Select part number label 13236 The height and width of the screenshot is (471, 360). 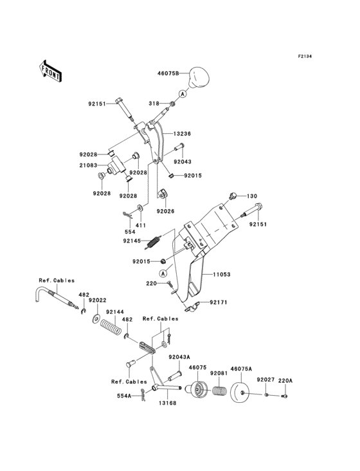(183, 134)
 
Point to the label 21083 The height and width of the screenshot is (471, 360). (89, 165)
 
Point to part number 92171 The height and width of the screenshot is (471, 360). (217, 302)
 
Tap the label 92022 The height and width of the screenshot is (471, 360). (98, 300)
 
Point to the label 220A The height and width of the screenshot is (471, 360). (285, 381)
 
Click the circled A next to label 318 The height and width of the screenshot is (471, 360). (183, 94)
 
